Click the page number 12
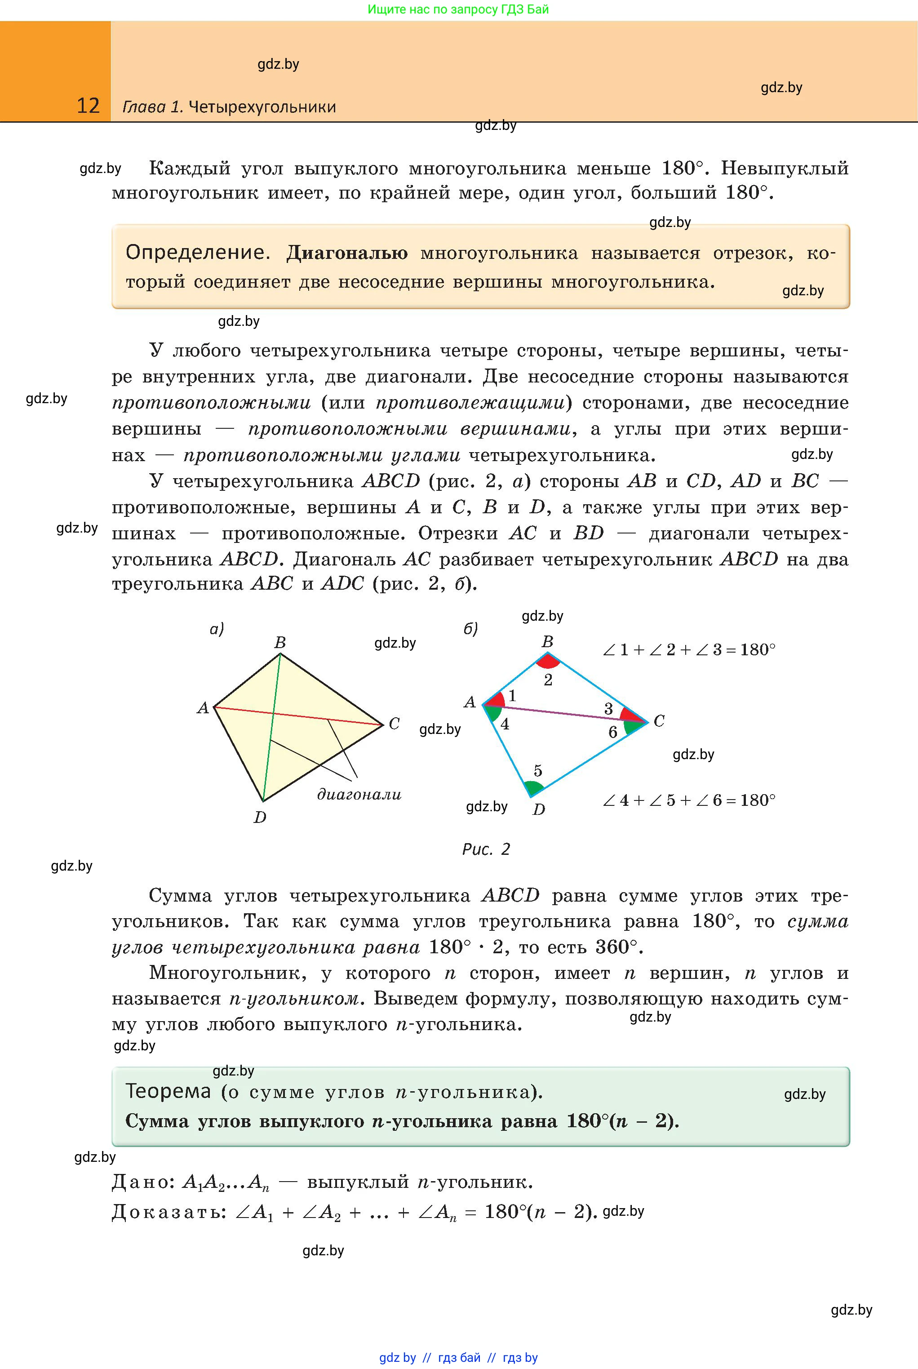pyautogui.click(x=89, y=106)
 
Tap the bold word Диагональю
pyautogui.click(x=346, y=253)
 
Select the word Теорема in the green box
pyautogui.click(x=168, y=1091)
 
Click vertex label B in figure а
pyautogui.click(x=280, y=643)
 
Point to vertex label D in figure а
pyautogui.click(x=260, y=817)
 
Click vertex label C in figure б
pyautogui.click(x=659, y=721)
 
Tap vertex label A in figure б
pyautogui.click(x=470, y=702)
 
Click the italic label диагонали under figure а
pyautogui.click(x=359, y=795)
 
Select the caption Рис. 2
pyautogui.click(x=486, y=849)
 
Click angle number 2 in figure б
pyautogui.click(x=548, y=680)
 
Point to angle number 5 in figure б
pyautogui.click(x=538, y=771)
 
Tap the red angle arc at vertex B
pyautogui.click(x=549, y=662)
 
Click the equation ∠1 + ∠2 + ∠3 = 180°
pyautogui.click(x=689, y=650)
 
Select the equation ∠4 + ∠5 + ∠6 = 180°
pyautogui.click(x=689, y=800)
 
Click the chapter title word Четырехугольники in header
pyautogui.click(x=262, y=107)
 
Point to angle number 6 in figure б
pyautogui.click(x=612, y=732)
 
